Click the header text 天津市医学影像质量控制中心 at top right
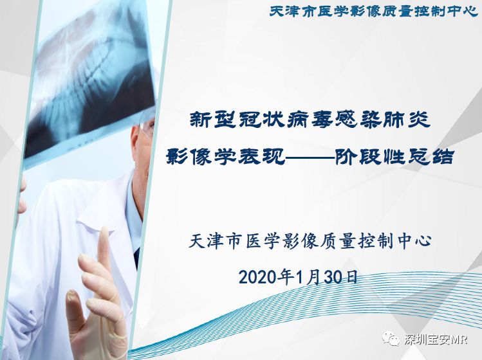pos(374,12)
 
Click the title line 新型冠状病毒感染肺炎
pos(310,120)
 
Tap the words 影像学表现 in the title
pos(226,157)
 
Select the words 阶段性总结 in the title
pos(394,157)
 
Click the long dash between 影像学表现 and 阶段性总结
pos(310,157)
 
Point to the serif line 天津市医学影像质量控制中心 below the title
pos(310,242)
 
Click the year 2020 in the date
pos(257,278)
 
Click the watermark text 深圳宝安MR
pos(436,339)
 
